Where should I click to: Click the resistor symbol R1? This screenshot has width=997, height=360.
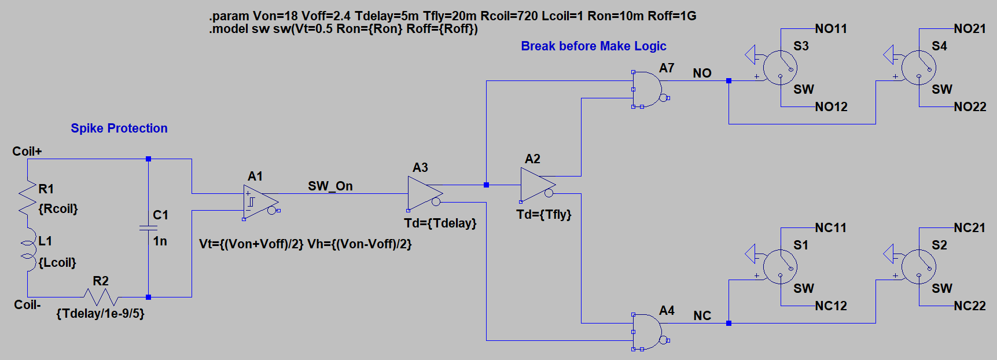tap(27, 197)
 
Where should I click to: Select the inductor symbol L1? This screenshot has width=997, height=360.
tap(27, 252)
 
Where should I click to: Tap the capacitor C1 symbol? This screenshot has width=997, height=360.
tap(148, 227)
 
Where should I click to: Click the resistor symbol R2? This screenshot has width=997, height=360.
tap(101, 297)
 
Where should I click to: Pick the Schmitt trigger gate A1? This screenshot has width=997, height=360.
tap(260, 202)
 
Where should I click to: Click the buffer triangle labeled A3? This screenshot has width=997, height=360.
tap(424, 193)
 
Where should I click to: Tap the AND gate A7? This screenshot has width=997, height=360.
tap(647, 89)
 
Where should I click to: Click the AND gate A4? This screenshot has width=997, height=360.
tap(647, 332)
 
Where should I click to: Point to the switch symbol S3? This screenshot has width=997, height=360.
tap(780, 68)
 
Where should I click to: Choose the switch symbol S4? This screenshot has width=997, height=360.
tap(919, 68)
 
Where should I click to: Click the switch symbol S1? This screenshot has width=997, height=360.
tap(780, 267)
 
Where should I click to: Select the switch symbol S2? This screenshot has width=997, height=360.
tap(919, 267)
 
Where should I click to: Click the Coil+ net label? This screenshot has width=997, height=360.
tap(27, 152)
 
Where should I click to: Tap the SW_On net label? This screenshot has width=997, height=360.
tap(330, 186)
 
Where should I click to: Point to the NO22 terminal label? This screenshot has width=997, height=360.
tap(970, 107)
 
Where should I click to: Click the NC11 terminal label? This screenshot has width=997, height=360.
tap(830, 228)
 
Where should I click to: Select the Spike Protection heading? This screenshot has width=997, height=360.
tap(119, 128)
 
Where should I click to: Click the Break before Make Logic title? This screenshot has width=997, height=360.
tap(594, 46)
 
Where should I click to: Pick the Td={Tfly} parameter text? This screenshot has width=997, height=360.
tap(544, 215)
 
